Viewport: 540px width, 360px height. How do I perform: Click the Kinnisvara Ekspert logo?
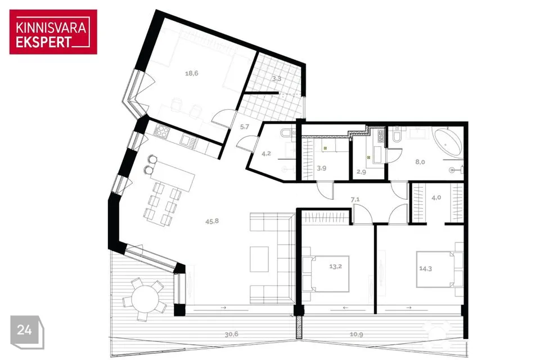(53, 31)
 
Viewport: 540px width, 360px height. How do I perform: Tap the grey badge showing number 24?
(27, 332)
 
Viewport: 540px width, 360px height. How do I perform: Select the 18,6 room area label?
(191, 73)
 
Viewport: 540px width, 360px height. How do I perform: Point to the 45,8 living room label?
(212, 221)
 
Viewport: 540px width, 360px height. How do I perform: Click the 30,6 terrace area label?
(231, 334)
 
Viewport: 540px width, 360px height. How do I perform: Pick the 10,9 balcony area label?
(356, 334)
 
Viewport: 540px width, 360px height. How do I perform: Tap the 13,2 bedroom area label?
(335, 266)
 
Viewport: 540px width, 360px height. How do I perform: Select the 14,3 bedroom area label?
(425, 269)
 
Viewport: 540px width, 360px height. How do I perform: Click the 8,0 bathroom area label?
(420, 162)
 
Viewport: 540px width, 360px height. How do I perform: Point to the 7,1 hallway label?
(355, 199)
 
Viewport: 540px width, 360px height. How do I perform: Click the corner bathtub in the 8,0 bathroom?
(447, 141)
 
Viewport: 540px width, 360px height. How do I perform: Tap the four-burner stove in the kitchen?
(162, 131)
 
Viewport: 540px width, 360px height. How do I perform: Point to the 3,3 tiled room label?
(276, 79)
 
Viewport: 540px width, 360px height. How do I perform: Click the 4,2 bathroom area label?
(266, 154)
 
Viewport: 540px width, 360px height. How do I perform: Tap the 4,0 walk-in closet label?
(436, 198)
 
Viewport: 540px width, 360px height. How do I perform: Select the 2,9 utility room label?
(361, 172)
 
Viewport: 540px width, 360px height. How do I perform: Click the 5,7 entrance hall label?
(245, 127)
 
